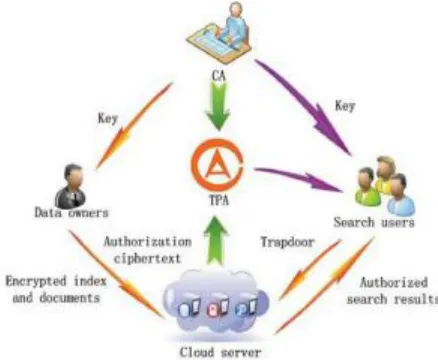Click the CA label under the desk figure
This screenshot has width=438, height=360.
tap(219, 76)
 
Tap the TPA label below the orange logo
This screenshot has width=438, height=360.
tap(219, 200)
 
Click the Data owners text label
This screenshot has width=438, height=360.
tap(72, 212)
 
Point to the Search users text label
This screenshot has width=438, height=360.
tap(374, 222)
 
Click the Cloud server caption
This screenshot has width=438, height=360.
tap(220, 352)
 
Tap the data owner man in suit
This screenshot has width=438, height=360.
tap(71, 185)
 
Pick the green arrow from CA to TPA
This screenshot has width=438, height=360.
tap(218, 106)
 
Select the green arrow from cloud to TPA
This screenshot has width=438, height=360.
tap(216, 240)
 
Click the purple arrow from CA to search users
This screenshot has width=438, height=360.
tap(303, 107)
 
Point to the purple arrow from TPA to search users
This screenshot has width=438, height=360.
tap(299, 179)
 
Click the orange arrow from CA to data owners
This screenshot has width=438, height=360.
tap(134, 126)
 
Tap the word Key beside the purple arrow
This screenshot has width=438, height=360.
tap(345, 106)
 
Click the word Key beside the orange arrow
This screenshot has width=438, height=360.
tap(108, 118)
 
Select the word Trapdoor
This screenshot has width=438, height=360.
tap(287, 242)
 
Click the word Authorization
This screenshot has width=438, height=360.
tap(148, 241)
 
